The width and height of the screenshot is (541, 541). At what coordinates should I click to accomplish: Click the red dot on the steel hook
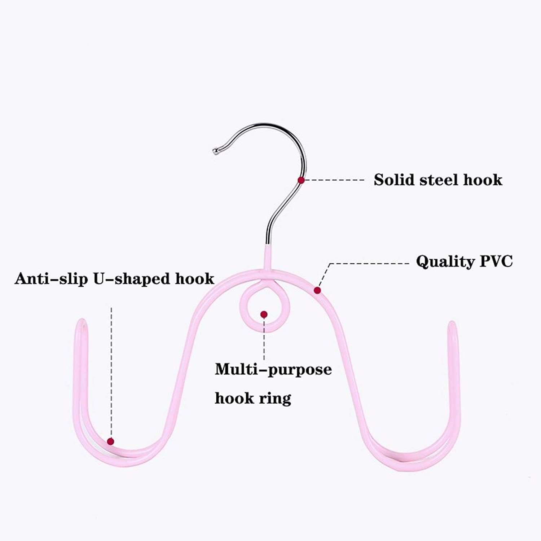point(301,180)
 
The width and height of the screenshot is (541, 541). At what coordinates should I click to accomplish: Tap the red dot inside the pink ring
point(264,315)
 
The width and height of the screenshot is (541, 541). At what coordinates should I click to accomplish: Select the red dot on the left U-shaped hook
point(111,441)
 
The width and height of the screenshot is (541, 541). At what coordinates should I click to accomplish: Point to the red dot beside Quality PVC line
point(317,290)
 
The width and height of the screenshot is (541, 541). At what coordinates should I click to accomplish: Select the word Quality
point(445,261)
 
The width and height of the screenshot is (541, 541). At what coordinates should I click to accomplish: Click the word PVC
point(496,261)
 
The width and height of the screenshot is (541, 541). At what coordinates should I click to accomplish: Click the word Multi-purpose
point(273,369)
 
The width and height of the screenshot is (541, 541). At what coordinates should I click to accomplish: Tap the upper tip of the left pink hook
point(82,322)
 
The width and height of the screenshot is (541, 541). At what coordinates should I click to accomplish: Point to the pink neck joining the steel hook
point(267,257)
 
